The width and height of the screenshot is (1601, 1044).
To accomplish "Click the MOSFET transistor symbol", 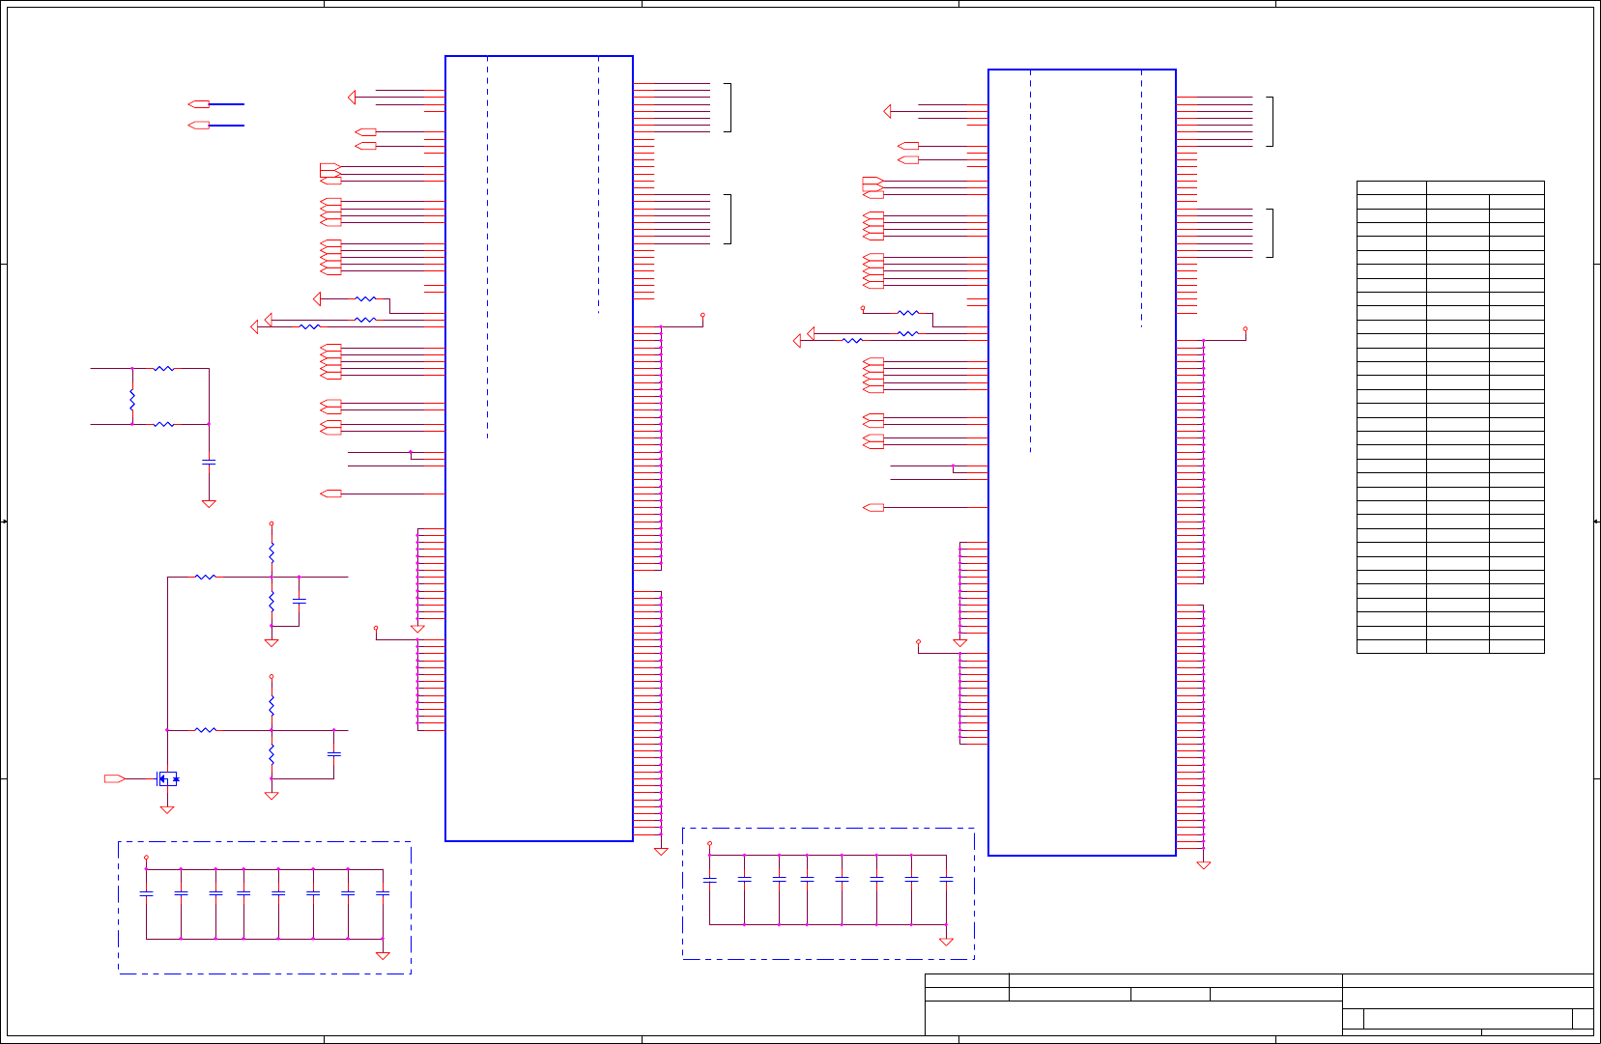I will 168,778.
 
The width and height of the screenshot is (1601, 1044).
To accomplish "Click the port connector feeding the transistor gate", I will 114,778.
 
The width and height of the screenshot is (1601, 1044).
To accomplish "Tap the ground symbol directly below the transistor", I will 167,809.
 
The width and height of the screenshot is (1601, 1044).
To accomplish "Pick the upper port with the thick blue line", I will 199,103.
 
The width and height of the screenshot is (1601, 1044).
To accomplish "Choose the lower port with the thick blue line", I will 199,126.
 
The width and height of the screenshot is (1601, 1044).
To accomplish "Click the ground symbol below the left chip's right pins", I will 661,851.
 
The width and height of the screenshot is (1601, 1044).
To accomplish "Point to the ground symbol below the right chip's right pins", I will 1204,865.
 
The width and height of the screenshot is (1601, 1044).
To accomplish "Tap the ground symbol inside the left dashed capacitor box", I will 383,955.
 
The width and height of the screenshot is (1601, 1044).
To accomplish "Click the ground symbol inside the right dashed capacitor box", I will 946,942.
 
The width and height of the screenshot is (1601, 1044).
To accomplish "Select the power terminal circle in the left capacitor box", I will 147,858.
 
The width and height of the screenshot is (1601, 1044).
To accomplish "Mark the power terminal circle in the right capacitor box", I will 710,844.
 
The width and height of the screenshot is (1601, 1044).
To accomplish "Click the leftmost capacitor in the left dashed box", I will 147,894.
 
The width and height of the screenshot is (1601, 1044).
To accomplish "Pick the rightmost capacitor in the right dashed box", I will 946,880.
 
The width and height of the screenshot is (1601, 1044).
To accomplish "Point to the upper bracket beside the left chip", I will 729,107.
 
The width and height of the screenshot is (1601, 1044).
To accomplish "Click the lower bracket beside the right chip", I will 1272,233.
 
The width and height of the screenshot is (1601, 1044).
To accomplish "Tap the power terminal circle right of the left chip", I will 702,315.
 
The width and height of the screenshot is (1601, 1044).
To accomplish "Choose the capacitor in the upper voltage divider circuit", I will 299,601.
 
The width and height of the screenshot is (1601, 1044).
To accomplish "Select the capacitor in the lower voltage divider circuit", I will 334,753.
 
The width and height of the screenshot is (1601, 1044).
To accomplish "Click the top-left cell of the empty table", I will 1391,187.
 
